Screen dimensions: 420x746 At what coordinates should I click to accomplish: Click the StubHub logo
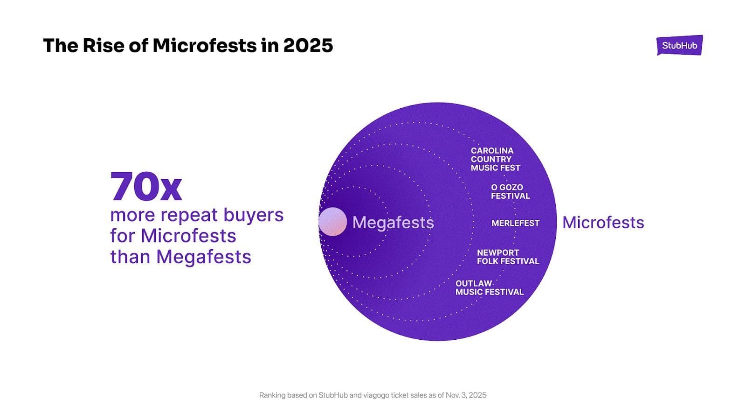pyautogui.click(x=679, y=45)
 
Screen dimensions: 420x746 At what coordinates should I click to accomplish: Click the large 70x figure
pyautogui.click(x=146, y=187)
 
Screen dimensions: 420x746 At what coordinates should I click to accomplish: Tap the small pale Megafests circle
pyautogui.click(x=332, y=222)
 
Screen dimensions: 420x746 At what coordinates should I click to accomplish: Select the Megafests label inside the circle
pyautogui.click(x=393, y=223)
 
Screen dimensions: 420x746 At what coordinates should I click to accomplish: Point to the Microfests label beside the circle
pyautogui.click(x=603, y=223)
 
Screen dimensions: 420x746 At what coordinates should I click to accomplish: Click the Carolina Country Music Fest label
pyautogui.click(x=495, y=159)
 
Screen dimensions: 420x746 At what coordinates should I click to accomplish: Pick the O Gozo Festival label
pyautogui.click(x=510, y=191)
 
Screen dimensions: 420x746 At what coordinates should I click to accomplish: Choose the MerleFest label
pyautogui.click(x=515, y=223)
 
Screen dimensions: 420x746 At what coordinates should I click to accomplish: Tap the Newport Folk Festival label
pyautogui.click(x=508, y=257)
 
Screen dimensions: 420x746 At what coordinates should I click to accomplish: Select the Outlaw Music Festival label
pyautogui.click(x=489, y=287)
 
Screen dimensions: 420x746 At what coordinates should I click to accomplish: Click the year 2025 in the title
pyautogui.click(x=308, y=45)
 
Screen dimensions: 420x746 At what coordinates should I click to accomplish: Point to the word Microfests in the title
pyautogui.click(x=205, y=45)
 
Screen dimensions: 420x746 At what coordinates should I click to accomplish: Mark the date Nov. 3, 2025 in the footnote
pyautogui.click(x=466, y=395)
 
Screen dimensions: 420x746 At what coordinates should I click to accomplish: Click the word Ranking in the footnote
pyautogui.click(x=272, y=395)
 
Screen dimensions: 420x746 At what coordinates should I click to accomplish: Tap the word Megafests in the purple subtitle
pyautogui.click(x=204, y=257)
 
